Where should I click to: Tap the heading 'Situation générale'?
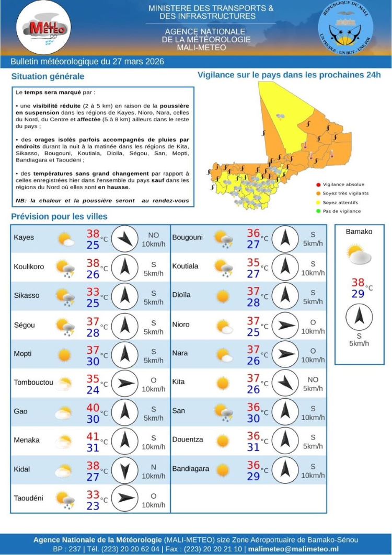tap(48, 76)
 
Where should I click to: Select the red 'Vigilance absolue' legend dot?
tap(318, 184)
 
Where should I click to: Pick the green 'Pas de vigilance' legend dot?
tap(318, 211)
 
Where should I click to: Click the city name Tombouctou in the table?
tap(33, 383)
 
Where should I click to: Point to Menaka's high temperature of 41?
tap(93, 434)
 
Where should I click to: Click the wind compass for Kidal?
tap(124, 469)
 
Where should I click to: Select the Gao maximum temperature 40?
tap(93, 406)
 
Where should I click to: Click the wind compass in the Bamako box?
tap(359, 318)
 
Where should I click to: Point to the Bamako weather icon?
tap(359, 255)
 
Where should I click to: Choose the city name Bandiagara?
tap(191, 469)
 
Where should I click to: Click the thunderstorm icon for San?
tap(224, 412)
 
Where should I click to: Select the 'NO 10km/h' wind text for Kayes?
tap(153, 240)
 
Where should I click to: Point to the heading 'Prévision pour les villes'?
tap(59, 216)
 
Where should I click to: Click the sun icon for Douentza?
tap(223, 441)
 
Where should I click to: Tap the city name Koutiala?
tap(186, 266)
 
